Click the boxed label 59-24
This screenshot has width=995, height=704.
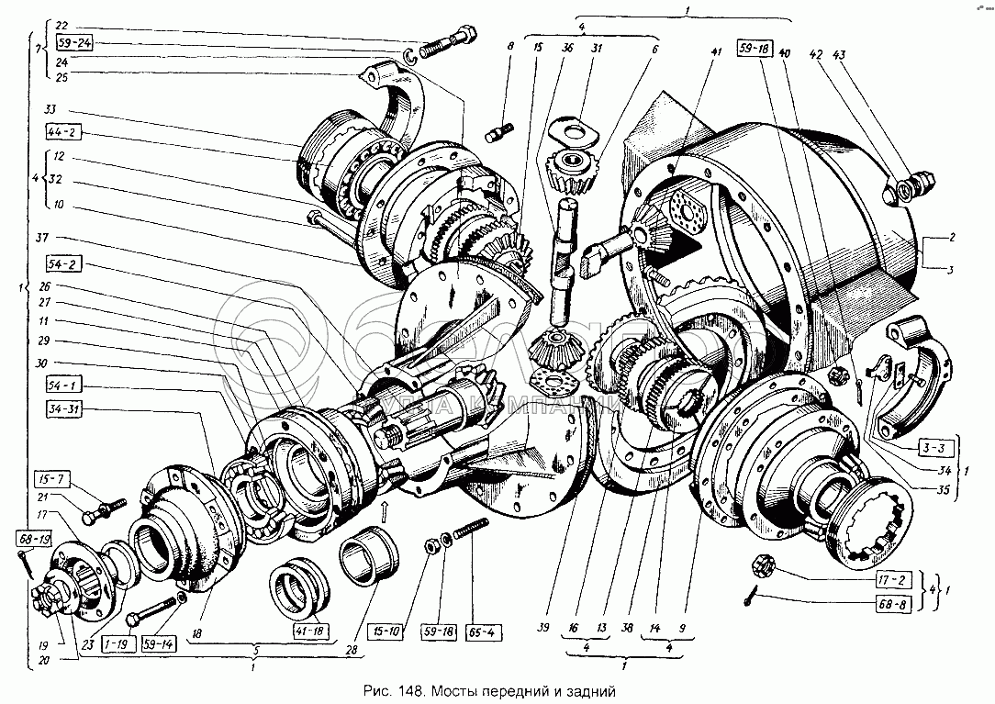point(74,43)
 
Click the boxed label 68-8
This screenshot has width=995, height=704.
point(889,603)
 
